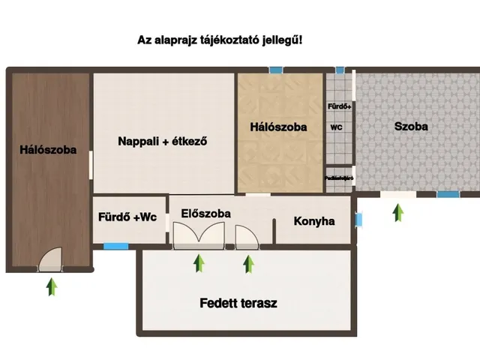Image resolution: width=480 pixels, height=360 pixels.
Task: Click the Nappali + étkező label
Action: click(162, 140)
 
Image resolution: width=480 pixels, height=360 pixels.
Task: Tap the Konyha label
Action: click(313, 221)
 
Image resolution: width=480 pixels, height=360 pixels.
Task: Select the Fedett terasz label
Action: click(238, 304)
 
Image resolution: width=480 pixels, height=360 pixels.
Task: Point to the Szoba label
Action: click(411, 126)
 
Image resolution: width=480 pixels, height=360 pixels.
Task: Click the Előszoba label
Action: click(206, 213)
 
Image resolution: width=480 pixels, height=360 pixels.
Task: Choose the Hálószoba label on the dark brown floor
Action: click(48, 149)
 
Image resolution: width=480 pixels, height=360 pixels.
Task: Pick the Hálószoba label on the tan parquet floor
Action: click(278, 127)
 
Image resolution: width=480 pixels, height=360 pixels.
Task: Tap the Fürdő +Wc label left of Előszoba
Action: click(127, 217)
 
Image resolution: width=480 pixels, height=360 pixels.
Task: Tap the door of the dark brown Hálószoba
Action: click(51, 259)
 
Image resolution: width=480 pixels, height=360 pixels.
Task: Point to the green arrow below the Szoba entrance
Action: click(397, 212)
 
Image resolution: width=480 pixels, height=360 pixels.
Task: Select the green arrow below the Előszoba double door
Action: click(199, 263)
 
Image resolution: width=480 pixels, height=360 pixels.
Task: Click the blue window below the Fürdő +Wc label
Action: click(115, 245)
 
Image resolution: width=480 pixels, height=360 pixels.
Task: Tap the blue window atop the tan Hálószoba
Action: click(277, 70)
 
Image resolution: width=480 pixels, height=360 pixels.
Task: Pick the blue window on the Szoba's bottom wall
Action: click(448, 194)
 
